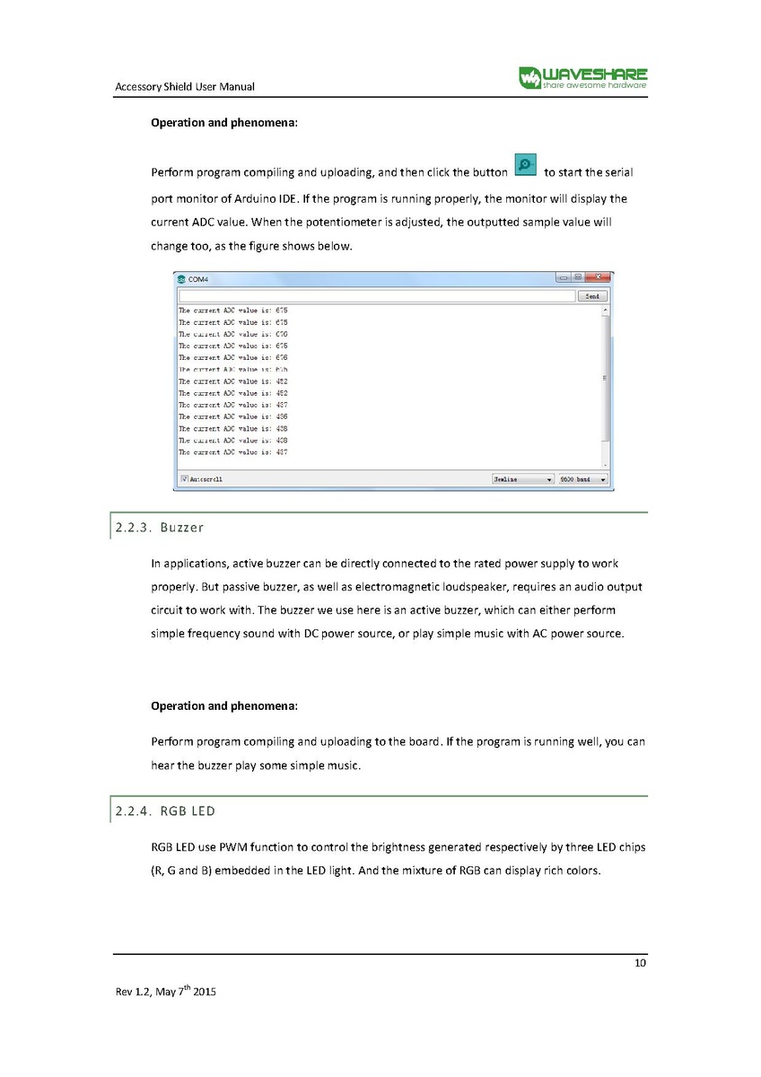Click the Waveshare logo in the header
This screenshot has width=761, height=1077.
click(582, 78)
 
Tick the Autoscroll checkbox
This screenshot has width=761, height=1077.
click(185, 479)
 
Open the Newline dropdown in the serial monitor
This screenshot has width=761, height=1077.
click(523, 479)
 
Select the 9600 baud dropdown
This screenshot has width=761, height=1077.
click(582, 479)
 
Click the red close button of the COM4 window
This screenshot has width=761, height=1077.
click(599, 277)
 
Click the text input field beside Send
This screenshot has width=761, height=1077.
click(376, 295)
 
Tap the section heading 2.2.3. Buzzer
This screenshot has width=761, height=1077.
click(160, 527)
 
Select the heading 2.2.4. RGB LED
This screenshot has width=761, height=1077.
click(164, 811)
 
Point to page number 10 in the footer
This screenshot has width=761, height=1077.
click(640, 964)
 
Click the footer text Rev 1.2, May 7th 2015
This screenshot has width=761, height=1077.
click(165, 993)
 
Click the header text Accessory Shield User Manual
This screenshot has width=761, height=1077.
click(185, 87)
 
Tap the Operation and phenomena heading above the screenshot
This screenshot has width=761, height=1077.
click(223, 122)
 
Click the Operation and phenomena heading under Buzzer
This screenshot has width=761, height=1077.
click(223, 705)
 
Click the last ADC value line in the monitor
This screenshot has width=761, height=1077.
click(232, 452)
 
